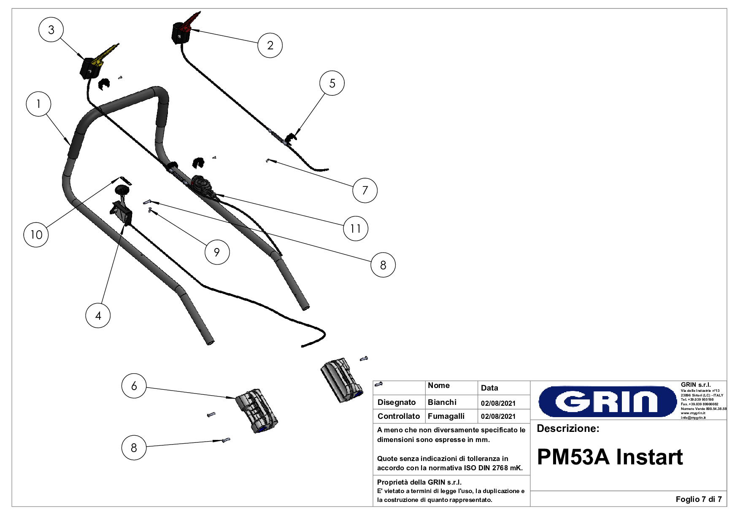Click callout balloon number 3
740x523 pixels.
[51, 30]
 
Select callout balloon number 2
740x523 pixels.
[270, 45]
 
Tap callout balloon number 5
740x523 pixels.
[332, 83]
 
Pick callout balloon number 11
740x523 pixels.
[356, 228]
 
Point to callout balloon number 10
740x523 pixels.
[36, 235]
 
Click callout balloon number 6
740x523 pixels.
[134, 386]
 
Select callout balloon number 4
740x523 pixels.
[98, 315]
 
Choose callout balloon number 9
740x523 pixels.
[217, 252]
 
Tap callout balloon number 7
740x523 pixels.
[365, 190]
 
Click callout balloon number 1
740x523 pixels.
[38, 104]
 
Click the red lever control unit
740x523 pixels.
[182, 30]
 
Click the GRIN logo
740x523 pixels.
[608, 402]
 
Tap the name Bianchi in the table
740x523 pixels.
[442, 402]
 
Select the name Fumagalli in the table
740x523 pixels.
[446, 416]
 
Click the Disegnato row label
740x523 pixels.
[397, 402]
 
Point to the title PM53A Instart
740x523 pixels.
[610, 457]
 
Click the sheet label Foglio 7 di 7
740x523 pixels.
[699, 499]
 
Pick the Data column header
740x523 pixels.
[489, 388]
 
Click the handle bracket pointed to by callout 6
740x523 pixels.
[257, 411]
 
